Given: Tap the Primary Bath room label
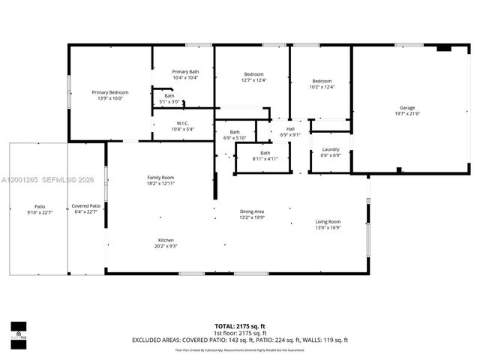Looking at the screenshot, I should point(184,71).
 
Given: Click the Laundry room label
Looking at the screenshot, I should point(330,149).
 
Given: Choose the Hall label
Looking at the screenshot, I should point(290,128).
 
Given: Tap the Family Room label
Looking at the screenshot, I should point(160,177).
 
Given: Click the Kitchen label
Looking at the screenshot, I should point(166,240).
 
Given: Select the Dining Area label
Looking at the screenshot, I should point(251,211).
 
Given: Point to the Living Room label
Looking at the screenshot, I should point(327,221).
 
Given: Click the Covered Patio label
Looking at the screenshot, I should point(85,205).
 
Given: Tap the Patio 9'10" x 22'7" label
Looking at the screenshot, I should point(39,209).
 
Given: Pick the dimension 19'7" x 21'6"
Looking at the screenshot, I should point(407,113).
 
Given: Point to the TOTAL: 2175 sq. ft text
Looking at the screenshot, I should point(239,325).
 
